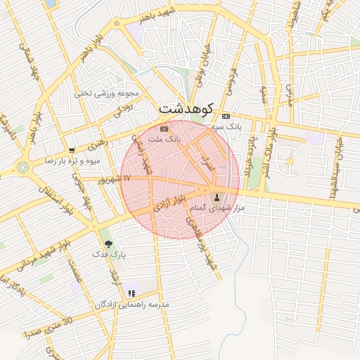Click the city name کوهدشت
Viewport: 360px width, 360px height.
[x=185, y=108]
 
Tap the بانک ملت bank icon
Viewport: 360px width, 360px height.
[x=165, y=129]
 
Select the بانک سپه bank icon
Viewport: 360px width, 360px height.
[x=225, y=116]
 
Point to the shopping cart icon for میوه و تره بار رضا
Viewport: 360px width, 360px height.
[x=72, y=150]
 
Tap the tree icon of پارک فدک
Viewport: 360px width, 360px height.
[x=108, y=244]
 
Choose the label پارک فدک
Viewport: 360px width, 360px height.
[x=110, y=255]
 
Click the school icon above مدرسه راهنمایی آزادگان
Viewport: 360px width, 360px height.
[x=131, y=293]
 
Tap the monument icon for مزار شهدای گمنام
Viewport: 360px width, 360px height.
[x=216, y=197]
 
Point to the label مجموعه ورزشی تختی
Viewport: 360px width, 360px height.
[x=108, y=93]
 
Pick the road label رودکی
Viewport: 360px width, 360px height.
[x=123, y=109]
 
